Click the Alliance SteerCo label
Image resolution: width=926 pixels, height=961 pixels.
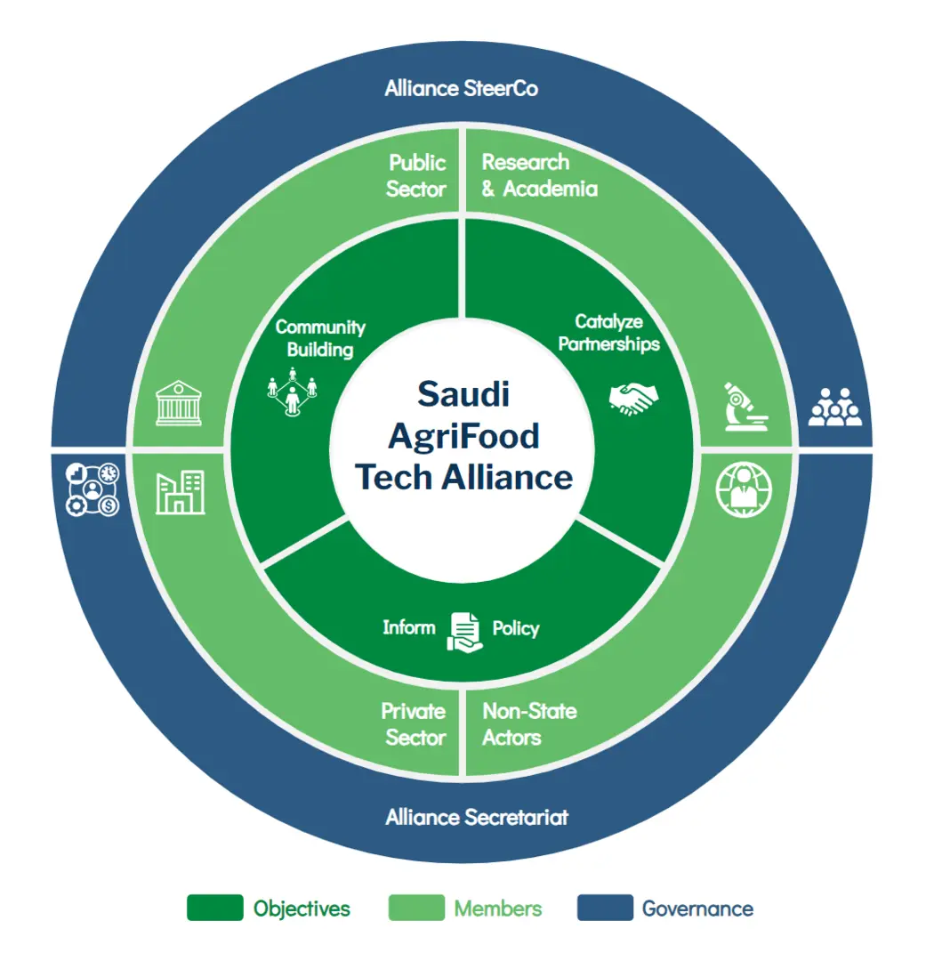(x=461, y=89)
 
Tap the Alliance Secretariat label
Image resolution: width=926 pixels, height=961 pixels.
(x=476, y=817)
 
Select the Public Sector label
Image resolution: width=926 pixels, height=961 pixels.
(x=416, y=175)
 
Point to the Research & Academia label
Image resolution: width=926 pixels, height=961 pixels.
(x=539, y=175)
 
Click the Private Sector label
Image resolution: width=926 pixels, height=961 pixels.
(x=414, y=724)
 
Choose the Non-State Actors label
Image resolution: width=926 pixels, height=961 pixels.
(x=529, y=724)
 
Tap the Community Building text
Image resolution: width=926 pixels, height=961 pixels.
(x=320, y=338)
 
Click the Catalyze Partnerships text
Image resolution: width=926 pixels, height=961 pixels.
(x=609, y=333)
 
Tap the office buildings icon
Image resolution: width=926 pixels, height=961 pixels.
(x=180, y=493)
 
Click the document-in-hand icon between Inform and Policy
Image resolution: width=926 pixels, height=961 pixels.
(x=463, y=633)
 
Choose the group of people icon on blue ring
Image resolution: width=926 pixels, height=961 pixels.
(x=835, y=407)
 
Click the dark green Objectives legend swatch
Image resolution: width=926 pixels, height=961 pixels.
(x=214, y=908)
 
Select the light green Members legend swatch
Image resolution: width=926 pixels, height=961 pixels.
(x=415, y=908)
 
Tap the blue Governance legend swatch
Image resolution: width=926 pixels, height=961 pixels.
(x=605, y=908)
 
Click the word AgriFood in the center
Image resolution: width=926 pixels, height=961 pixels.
(x=463, y=435)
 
